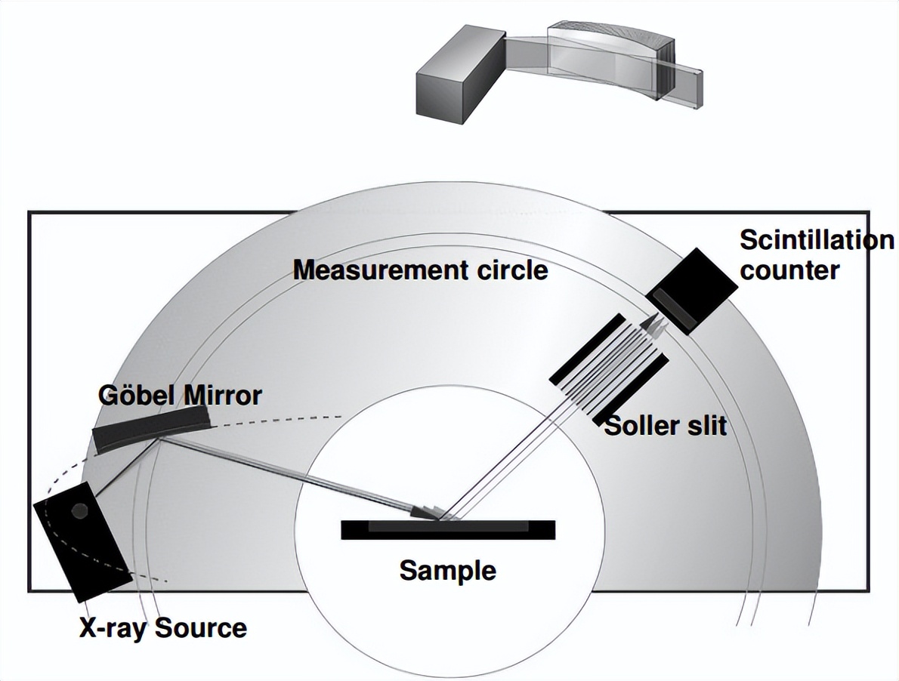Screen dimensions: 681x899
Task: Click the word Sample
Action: [447, 570]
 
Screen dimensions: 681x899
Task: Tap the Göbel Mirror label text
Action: [180, 395]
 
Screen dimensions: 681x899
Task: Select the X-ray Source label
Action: [163, 628]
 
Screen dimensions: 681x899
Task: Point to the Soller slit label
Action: [665, 426]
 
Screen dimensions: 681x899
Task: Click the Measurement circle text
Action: [420, 270]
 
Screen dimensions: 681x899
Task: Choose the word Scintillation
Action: [816, 240]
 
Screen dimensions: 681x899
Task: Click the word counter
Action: [789, 270]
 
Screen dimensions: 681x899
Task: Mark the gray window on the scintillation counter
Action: [677, 310]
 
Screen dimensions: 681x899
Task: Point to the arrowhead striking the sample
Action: [426, 512]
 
